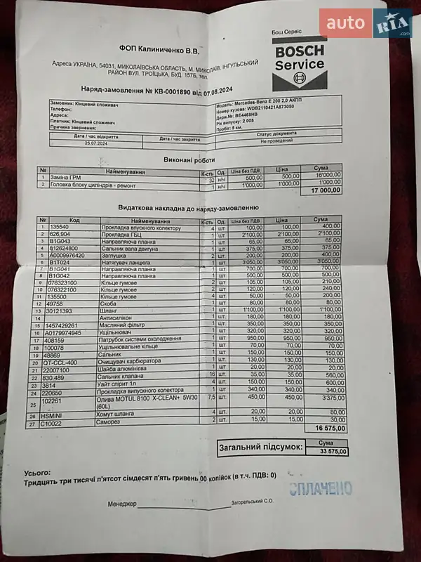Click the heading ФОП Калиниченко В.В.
pos(159,50)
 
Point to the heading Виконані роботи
pos(184,160)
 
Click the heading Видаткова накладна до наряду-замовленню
pos(189,208)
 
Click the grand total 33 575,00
pos(329,451)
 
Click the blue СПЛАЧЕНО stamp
pos(321,490)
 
